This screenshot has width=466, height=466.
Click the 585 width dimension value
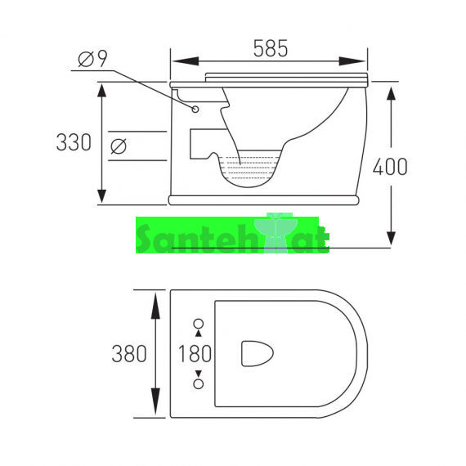271,48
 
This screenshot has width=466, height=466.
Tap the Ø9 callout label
92,59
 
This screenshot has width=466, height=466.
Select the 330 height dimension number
74,142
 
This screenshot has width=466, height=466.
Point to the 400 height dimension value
390,167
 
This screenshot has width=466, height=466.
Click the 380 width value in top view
129,354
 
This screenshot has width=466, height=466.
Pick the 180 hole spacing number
195,354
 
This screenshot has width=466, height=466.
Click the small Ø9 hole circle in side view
195,110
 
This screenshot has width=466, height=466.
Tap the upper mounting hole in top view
198,324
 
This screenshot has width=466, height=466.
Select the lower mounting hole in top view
198,383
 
